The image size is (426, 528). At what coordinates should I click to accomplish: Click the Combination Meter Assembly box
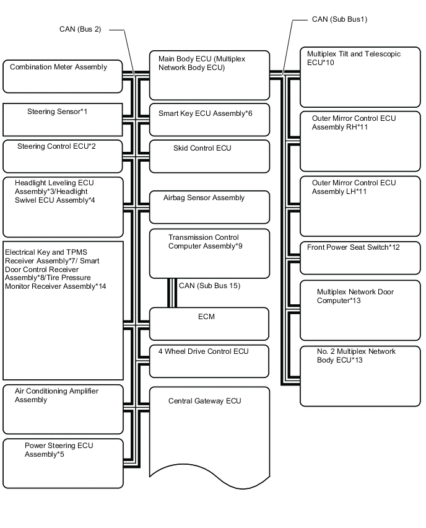click(63, 76)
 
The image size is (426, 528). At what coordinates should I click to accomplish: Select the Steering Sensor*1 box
click(63, 120)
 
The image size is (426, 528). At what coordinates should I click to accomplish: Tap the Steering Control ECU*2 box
click(63, 156)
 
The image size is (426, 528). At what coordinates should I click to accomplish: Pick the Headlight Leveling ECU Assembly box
click(63, 207)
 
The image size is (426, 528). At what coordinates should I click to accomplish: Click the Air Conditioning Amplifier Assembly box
click(63, 410)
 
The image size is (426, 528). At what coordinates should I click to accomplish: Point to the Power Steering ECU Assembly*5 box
click(63, 464)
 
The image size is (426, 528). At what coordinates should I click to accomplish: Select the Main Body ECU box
click(209, 75)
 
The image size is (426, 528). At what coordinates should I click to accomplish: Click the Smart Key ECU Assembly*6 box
click(209, 120)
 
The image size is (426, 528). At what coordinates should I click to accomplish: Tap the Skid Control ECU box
click(209, 156)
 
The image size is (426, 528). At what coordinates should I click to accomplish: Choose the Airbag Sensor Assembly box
click(209, 207)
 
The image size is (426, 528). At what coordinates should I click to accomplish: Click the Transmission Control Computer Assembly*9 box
click(209, 253)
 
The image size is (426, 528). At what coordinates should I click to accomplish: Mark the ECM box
click(209, 323)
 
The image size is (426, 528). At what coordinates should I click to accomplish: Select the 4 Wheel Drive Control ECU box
click(209, 361)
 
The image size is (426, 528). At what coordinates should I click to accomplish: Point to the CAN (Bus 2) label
click(80, 29)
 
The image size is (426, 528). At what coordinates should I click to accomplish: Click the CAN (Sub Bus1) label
click(339, 19)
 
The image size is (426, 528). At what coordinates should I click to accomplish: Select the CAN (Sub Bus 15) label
click(209, 286)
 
